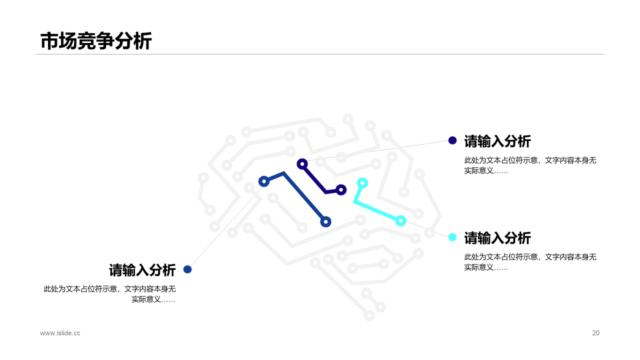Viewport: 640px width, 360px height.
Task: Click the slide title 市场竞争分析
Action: pyautogui.click(x=95, y=41)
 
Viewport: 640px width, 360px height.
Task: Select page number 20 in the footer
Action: pyautogui.click(x=595, y=333)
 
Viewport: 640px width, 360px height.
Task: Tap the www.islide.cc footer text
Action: pyautogui.click(x=60, y=333)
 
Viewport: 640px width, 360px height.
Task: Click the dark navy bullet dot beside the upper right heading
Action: pyautogui.click(x=452, y=140)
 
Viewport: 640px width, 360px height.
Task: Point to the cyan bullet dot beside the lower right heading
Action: pyautogui.click(x=452, y=237)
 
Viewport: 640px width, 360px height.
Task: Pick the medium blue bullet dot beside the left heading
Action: pyautogui.click(x=187, y=269)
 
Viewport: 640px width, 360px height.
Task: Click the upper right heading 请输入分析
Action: pyautogui.click(x=497, y=141)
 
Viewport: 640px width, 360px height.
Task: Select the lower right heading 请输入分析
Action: pyautogui.click(x=497, y=238)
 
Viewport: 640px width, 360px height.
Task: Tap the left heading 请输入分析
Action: pyautogui.click(x=142, y=270)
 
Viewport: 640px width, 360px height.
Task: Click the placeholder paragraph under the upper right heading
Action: pyautogui.click(x=530, y=165)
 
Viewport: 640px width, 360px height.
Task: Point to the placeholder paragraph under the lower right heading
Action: pyautogui.click(x=530, y=262)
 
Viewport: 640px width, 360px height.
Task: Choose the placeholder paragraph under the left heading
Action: pyautogui.click(x=110, y=294)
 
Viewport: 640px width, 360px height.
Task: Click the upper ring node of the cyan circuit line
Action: pyautogui.click(x=362, y=183)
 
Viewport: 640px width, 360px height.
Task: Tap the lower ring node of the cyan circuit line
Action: pyautogui.click(x=400, y=220)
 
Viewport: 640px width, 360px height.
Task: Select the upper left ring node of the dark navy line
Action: pyautogui.click(x=302, y=163)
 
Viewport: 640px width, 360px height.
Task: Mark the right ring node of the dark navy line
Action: pyautogui.click(x=341, y=190)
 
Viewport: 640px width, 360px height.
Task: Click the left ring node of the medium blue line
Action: pyautogui.click(x=264, y=181)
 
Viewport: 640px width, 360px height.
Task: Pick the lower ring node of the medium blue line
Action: pyautogui.click(x=325, y=221)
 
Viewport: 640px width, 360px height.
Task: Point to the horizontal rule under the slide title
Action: pyautogui.click(x=320, y=54)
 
